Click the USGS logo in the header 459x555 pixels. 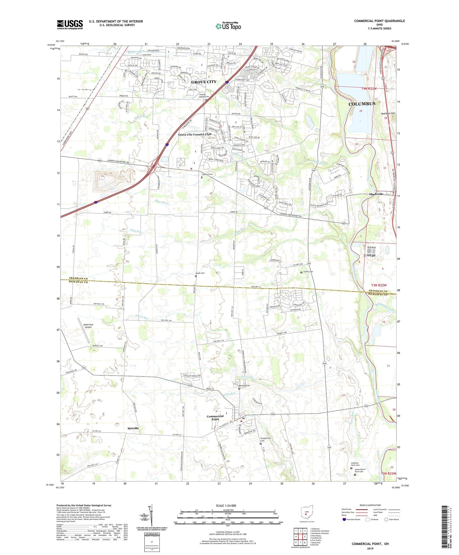(70, 24)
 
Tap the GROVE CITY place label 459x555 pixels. (204, 82)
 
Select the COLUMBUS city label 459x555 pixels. (362, 104)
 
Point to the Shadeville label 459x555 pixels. (376, 194)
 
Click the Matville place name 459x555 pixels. (133, 428)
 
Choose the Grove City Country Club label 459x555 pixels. (195, 134)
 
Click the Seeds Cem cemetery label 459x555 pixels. (200, 273)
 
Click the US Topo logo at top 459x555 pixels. (228, 26)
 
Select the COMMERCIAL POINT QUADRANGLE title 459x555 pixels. (379, 21)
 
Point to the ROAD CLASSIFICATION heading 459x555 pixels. (370, 505)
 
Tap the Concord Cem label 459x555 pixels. (207, 174)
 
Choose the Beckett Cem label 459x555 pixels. (244, 385)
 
